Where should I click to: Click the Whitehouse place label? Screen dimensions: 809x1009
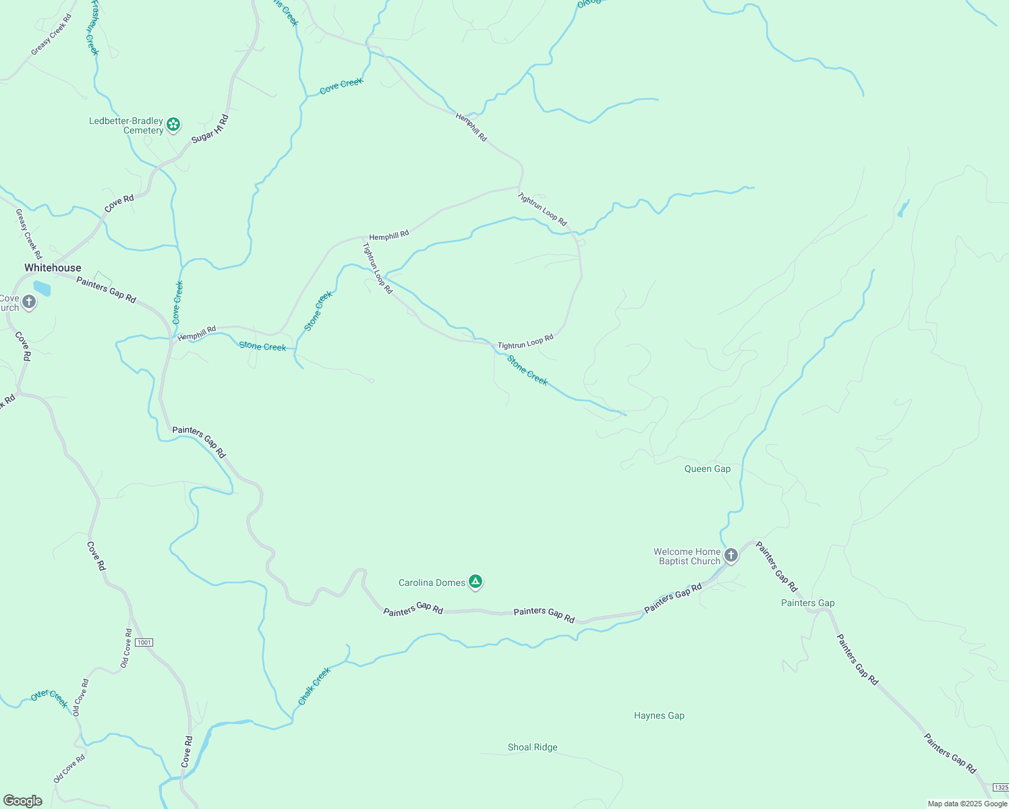[53, 268]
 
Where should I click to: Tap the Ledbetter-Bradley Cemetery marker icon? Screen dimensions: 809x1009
[173, 124]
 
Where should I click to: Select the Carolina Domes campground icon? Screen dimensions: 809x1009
[475, 581]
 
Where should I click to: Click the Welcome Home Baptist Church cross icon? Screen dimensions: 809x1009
[731, 556]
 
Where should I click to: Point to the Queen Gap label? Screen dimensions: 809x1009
[708, 469]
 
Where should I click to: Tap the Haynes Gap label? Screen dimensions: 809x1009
[659, 715]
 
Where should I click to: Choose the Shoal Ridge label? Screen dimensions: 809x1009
[532, 747]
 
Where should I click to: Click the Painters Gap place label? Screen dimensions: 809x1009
[807, 603]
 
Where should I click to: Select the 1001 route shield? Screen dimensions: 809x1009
[144, 642]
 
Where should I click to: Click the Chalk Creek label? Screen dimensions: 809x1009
[314, 686]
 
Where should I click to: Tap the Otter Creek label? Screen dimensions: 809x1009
[50, 698]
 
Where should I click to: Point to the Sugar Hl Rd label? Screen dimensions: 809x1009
[210, 129]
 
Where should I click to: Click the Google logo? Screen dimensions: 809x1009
[22, 801]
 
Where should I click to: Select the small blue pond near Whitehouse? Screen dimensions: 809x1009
[42, 289]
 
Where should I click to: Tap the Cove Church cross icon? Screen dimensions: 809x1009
[28, 302]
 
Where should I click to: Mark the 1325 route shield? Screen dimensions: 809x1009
[1001, 787]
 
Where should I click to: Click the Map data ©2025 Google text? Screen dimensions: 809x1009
[967, 804]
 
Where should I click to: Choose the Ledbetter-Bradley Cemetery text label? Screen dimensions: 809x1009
[127, 125]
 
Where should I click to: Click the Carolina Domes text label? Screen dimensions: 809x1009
[432, 582]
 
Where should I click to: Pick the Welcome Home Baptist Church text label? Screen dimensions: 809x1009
[687, 556]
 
